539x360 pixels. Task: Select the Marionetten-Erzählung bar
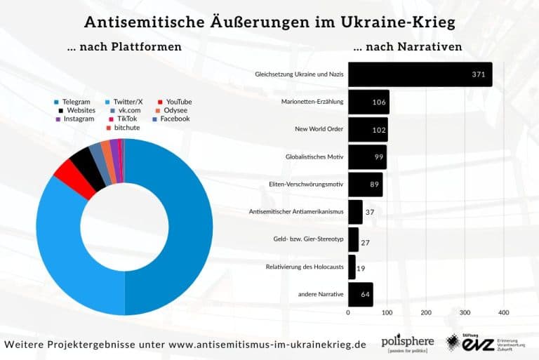[x=368, y=102]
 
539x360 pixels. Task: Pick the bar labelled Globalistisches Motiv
[x=367, y=157]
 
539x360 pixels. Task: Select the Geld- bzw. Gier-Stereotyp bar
[x=353, y=239]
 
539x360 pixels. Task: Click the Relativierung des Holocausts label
[x=305, y=267]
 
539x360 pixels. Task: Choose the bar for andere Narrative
[x=361, y=294]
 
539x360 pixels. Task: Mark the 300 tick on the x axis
[x=465, y=312]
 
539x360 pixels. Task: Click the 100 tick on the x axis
[x=387, y=312]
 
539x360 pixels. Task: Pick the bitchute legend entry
[x=127, y=128]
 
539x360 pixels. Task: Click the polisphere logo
[x=407, y=343]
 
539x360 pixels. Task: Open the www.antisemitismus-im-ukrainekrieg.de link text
[x=267, y=345]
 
